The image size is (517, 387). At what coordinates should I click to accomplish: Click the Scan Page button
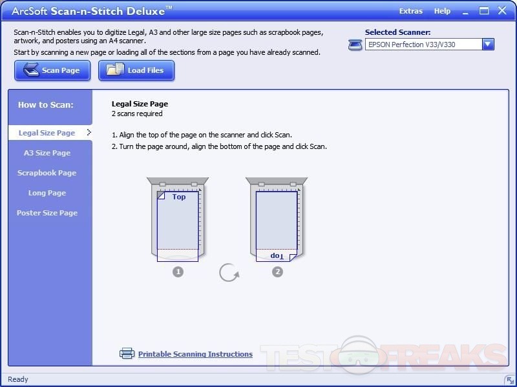pyautogui.click(x=52, y=70)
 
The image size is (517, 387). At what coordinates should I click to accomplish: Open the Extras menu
pyautogui.click(x=411, y=11)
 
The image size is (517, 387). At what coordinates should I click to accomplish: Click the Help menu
pyautogui.click(x=442, y=11)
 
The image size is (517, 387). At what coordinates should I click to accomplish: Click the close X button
pyautogui.click(x=502, y=10)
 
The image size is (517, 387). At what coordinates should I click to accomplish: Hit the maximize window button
pyautogui.click(x=483, y=11)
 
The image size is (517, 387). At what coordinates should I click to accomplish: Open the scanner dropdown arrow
pyautogui.click(x=488, y=45)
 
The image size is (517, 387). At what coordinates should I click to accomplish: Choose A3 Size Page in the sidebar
pyautogui.click(x=47, y=153)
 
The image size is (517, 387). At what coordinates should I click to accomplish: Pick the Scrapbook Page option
pyautogui.click(x=47, y=173)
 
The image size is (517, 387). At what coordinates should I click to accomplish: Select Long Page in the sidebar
pyautogui.click(x=47, y=193)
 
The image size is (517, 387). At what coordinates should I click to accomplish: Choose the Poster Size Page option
pyautogui.click(x=47, y=213)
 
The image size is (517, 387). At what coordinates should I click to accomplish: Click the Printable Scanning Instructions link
pyautogui.click(x=195, y=354)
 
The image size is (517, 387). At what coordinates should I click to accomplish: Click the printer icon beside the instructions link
pyautogui.click(x=127, y=353)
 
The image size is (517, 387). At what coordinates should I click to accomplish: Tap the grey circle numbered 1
pyautogui.click(x=178, y=272)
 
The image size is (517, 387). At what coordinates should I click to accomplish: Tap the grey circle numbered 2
pyautogui.click(x=277, y=272)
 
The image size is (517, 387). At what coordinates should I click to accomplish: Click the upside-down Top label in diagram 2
pyautogui.click(x=277, y=255)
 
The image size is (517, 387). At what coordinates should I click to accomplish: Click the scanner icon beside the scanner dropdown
pyautogui.click(x=355, y=45)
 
